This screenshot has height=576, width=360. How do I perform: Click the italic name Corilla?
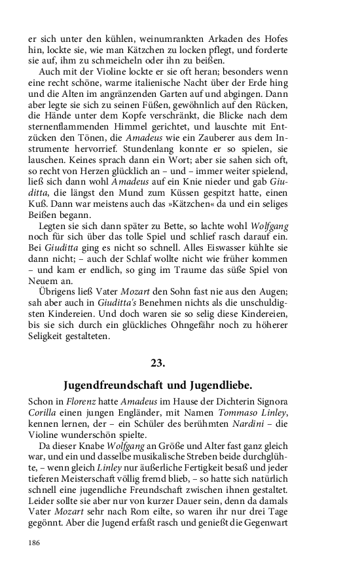(42, 413)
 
